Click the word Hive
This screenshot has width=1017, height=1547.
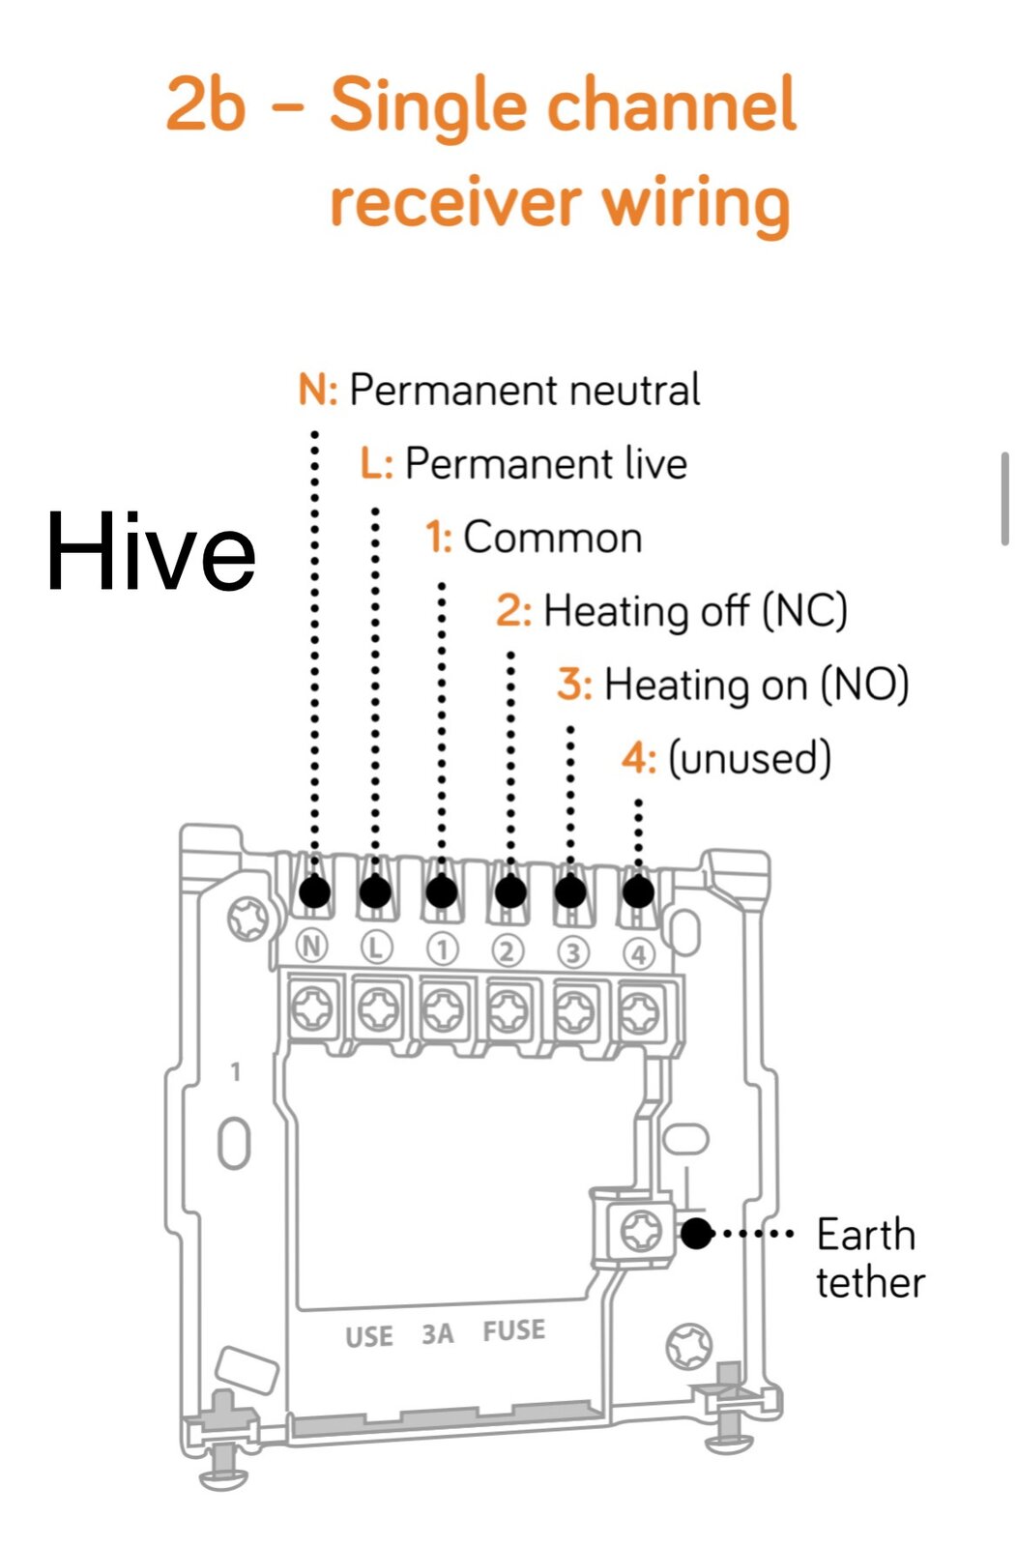coord(151,551)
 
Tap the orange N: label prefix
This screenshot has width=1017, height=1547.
coord(318,390)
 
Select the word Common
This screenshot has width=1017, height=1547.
coord(552,538)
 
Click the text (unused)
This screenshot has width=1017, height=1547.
coord(750,758)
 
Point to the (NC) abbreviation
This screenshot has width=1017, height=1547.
coord(804,612)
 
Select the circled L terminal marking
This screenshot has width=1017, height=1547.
coord(376,949)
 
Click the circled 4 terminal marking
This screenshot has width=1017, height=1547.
coord(639,955)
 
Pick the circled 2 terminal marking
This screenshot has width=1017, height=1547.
coord(508,951)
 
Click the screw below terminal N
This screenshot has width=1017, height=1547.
coord(313,1008)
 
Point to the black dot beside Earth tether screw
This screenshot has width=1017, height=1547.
coord(696,1234)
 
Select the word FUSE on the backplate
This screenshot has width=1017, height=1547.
coord(513,1330)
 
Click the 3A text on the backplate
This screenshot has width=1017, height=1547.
coord(438,1334)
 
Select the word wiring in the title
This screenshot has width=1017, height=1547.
coord(696,204)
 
